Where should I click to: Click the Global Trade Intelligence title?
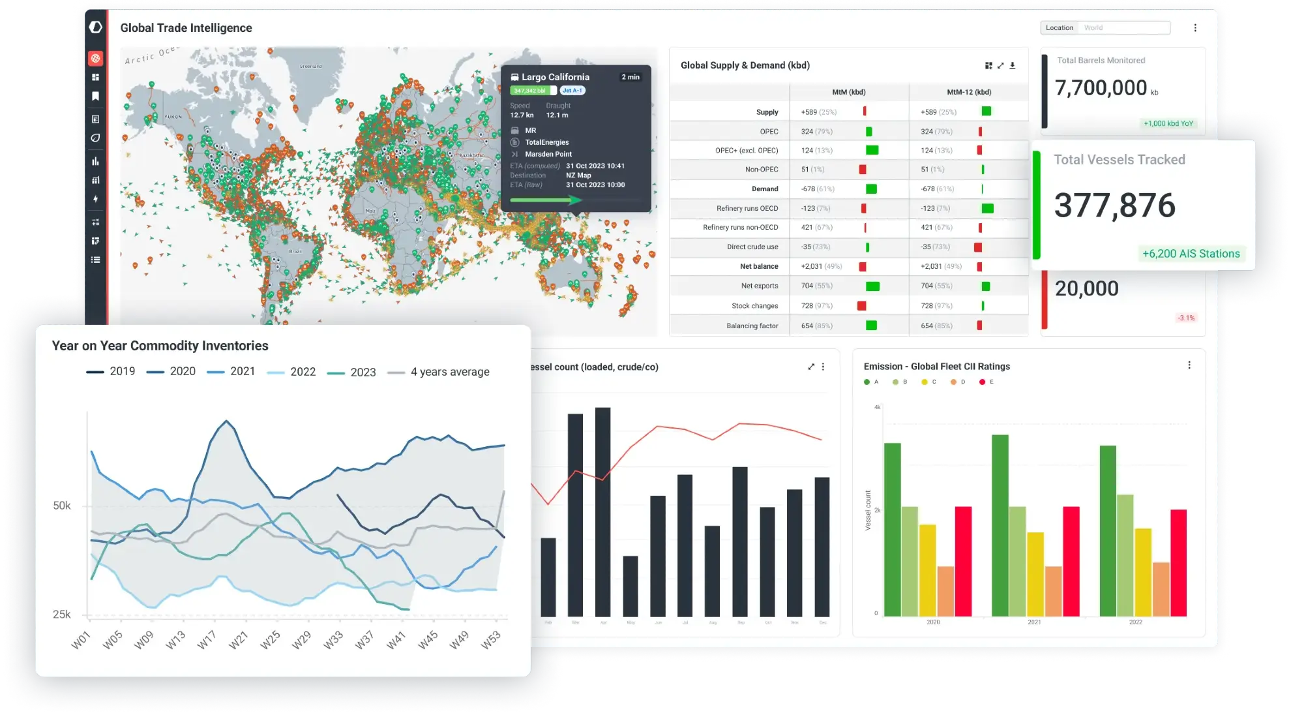[186, 28]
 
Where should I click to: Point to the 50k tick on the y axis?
[62, 506]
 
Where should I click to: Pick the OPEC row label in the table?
[769, 132]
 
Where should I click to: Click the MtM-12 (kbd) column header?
[968, 92]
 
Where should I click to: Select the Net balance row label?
[759, 266]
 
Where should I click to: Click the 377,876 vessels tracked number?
[1114, 205]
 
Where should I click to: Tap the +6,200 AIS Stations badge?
[1191, 254]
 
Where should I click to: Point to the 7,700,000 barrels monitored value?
[1101, 88]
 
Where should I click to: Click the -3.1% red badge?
[1186, 318]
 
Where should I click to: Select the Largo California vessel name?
[555, 77]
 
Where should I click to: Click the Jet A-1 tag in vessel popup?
[572, 91]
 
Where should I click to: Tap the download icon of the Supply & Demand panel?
[1013, 65]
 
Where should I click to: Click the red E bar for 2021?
[1071, 561]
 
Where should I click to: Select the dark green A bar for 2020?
[892, 529]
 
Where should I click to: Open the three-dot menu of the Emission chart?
[1189, 365]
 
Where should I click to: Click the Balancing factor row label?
[752, 326]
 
